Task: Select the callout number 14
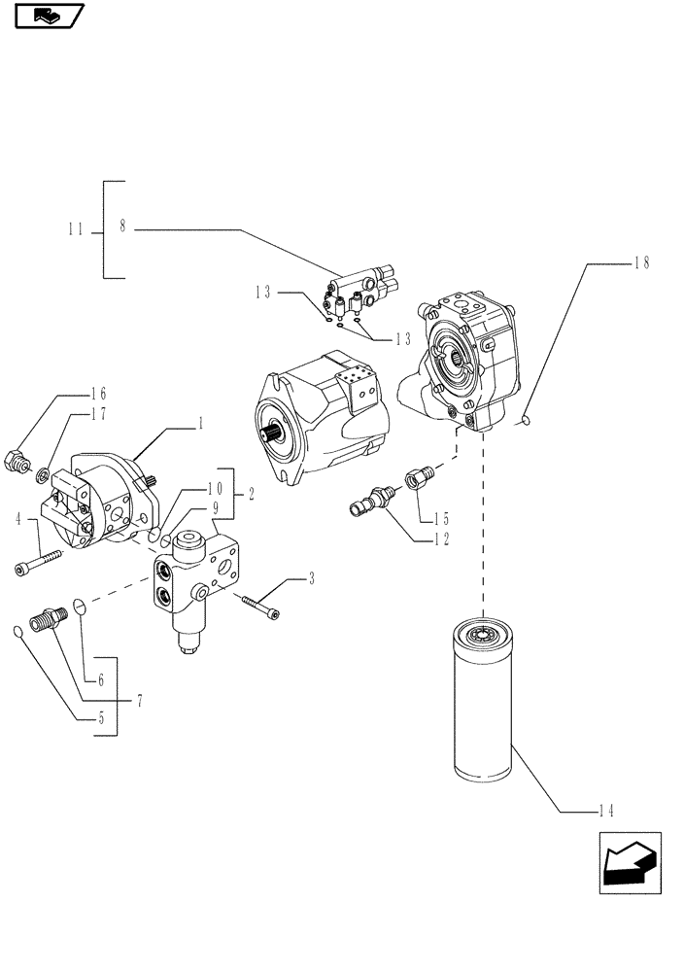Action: tap(606, 810)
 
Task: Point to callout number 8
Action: tap(123, 226)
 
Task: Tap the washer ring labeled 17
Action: tap(44, 476)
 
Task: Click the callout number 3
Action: tap(311, 580)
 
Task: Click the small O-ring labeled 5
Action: tap(20, 634)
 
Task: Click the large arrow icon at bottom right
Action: tap(629, 860)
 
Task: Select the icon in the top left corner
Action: tap(49, 16)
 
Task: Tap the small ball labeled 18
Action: tap(524, 420)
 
